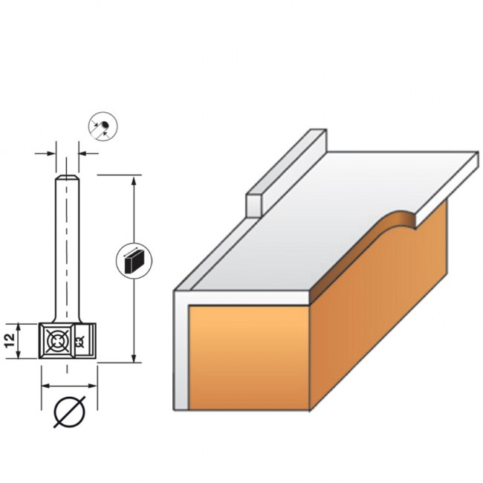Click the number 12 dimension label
coord(11,340)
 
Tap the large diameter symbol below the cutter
coord(70,412)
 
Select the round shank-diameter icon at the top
coord(103,126)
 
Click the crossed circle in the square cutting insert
coord(56,341)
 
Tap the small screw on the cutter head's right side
coord(80,341)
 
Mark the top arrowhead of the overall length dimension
coord(134,181)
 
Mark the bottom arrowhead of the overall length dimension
coord(134,358)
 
